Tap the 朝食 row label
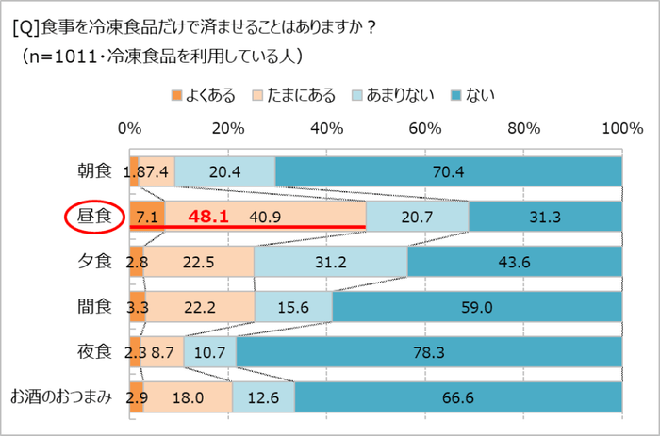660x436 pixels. pos(94,171)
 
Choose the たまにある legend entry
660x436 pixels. pos(292,94)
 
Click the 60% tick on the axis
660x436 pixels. pos(425,129)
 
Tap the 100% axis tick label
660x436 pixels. pos(621,129)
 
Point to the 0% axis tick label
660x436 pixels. pos(130,129)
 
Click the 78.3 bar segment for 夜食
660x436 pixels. pos(429,351)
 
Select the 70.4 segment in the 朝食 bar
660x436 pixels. pos(449,171)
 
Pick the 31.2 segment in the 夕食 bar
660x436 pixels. pos(331,262)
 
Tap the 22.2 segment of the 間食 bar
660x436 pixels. pos(200,307)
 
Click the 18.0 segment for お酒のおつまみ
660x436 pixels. pos(186,396)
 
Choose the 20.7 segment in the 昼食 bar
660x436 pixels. pos(417,217)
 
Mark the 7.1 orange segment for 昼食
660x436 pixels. pos(147,217)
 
